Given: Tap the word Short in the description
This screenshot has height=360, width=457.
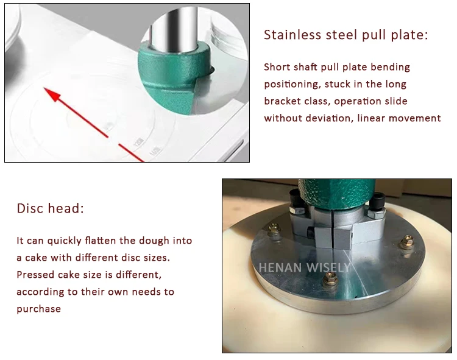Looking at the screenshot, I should click(278, 67).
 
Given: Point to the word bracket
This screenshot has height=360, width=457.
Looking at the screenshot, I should click(283, 101).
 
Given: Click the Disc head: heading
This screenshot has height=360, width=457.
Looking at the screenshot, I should click(50, 208).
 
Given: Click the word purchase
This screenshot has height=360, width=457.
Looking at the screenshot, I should click(39, 309).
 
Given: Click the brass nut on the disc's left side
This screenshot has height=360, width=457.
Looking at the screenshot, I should click(272, 230).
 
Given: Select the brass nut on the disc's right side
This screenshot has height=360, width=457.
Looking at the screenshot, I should click(404, 244).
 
